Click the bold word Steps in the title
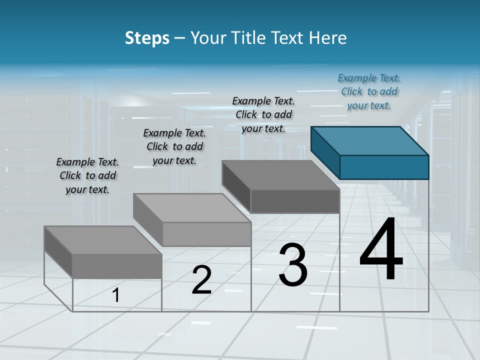point(147,38)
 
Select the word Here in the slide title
point(328,38)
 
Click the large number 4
point(381,249)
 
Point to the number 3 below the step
point(293,265)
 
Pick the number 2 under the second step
point(201,280)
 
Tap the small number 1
point(116,295)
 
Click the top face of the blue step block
point(370,141)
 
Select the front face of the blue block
point(384,167)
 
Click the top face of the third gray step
point(280,175)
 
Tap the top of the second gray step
point(192,208)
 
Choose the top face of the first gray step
point(103,240)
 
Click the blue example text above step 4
point(369,92)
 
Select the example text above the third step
point(263,114)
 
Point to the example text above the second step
point(174,146)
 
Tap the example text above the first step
point(87,175)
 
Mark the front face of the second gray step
point(206,234)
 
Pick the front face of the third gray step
point(295,201)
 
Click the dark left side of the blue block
point(325,152)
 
